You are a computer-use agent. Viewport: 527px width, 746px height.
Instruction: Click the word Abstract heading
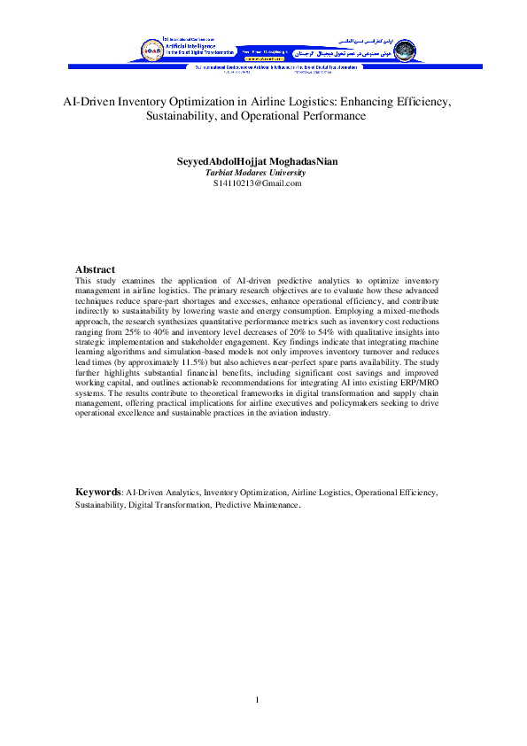(95, 269)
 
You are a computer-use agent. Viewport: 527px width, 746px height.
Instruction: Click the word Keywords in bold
(97, 491)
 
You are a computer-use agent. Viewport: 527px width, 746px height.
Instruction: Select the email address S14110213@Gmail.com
(258, 183)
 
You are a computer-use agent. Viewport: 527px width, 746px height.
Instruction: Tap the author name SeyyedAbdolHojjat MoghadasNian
(258, 162)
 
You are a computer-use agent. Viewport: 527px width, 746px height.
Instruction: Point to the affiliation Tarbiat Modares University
(256, 173)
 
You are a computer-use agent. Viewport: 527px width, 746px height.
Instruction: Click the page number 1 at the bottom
(257, 702)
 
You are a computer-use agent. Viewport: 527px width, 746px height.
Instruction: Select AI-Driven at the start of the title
(86, 102)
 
